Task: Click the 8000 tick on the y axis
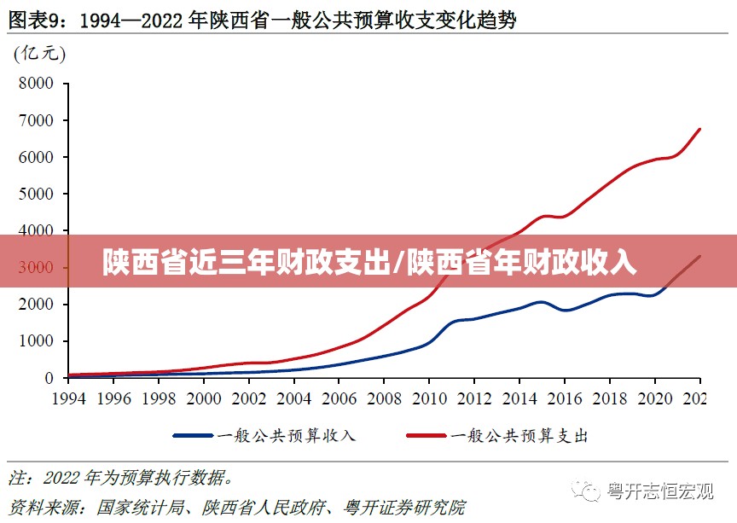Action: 36,84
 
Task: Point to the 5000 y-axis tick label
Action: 36,194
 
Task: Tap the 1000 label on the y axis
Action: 36,341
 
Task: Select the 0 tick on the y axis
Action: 49,378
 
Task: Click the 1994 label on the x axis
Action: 69,398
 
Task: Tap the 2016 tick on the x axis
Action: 564,398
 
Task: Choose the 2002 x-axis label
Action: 248,398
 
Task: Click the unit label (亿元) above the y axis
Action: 39,54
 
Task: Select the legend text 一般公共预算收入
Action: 287,436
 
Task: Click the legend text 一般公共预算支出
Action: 519,436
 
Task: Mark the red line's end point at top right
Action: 699,130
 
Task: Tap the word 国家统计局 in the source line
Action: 140,507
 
